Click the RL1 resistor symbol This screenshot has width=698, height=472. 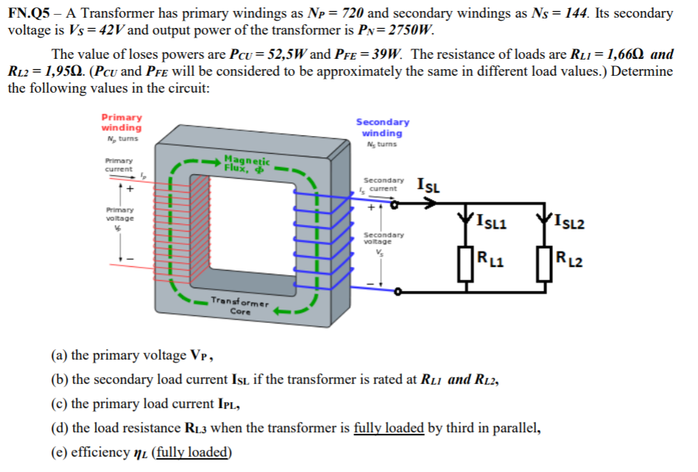pyautogui.click(x=465, y=264)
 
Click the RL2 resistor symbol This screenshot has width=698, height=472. pyautogui.click(x=544, y=264)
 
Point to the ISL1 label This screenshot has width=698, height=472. pyautogui.click(x=491, y=221)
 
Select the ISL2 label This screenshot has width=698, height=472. pyautogui.click(x=569, y=221)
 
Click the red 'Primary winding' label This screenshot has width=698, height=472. pyautogui.click(x=121, y=122)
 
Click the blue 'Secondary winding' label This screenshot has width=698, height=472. pyautogui.click(x=382, y=127)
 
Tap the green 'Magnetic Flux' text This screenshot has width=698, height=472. pyautogui.click(x=247, y=163)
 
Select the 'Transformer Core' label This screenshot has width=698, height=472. pyautogui.click(x=240, y=306)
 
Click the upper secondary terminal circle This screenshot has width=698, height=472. pyautogui.click(x=395, y=204)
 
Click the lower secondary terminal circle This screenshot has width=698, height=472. pyautogui.click(x=398, y=292)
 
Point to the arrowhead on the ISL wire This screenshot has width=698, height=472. pyautogui.click(x=430, y=204)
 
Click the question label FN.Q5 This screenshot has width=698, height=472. pyautogui.click(x=29, y=13)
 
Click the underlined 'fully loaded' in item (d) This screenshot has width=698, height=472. pyautogui.click(x=389, y=428)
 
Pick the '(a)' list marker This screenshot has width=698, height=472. pyautogui.click(x=59, y=356)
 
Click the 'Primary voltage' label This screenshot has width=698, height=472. pyautogui.click(x=120, y=214)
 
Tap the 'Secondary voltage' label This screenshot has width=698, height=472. pyautogui.click(x=384, y=237)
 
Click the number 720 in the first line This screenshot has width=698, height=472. pyautogui.click(x=353, y=13)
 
